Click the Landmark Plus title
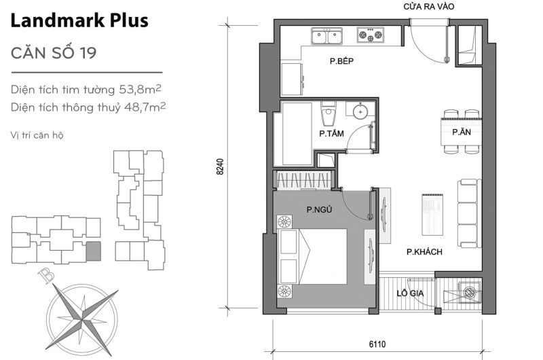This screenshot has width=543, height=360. tap(79, 21)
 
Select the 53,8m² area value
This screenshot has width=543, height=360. tap(138, 90)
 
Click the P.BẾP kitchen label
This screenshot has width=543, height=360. tap(343, 62)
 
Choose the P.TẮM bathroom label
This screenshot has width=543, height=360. tap(331, 134)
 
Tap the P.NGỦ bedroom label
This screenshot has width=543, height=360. tap(319, 210)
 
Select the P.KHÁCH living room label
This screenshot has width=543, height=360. tap(424, 252)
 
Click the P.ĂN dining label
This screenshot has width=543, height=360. tap(462, 134)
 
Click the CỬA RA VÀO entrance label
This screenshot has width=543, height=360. tap(428, 7)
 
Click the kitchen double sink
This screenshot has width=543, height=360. tap(326, 35)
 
